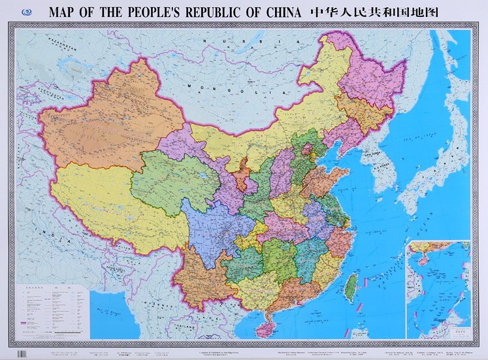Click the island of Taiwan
(x=351, y=283)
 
